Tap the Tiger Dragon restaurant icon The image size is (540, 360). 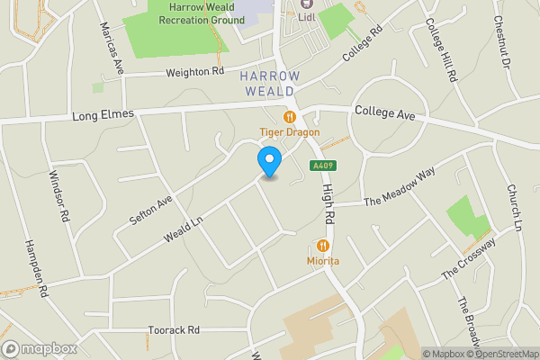tap(290, 116)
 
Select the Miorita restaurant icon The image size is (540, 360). tap(322, 245)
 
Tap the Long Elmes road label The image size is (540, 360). tap(103, 114)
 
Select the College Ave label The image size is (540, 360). tap(384, 113)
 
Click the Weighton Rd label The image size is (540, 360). tap(193, 72)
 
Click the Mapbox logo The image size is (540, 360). tap(40, 348)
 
